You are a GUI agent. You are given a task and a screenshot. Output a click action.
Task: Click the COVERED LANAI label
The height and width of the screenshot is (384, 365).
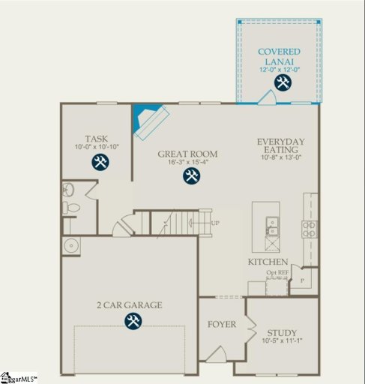click(279, 56)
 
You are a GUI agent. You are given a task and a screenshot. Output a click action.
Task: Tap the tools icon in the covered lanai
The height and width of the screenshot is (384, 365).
click(283, 82)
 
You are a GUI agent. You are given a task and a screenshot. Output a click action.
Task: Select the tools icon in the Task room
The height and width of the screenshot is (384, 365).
click(100, 162)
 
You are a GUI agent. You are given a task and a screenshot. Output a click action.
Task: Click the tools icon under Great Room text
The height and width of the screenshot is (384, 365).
click(192, 176)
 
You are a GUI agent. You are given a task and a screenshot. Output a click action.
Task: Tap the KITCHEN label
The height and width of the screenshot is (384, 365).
click(268, 262)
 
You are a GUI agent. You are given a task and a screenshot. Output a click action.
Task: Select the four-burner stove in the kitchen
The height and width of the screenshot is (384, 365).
click(310, 229)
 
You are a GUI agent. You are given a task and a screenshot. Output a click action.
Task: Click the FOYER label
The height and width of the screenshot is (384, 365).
click(222, 325)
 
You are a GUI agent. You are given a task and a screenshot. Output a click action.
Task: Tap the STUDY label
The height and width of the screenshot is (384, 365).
click(280, 333)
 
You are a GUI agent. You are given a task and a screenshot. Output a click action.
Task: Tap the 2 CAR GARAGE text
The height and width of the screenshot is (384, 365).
click(129, 305)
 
